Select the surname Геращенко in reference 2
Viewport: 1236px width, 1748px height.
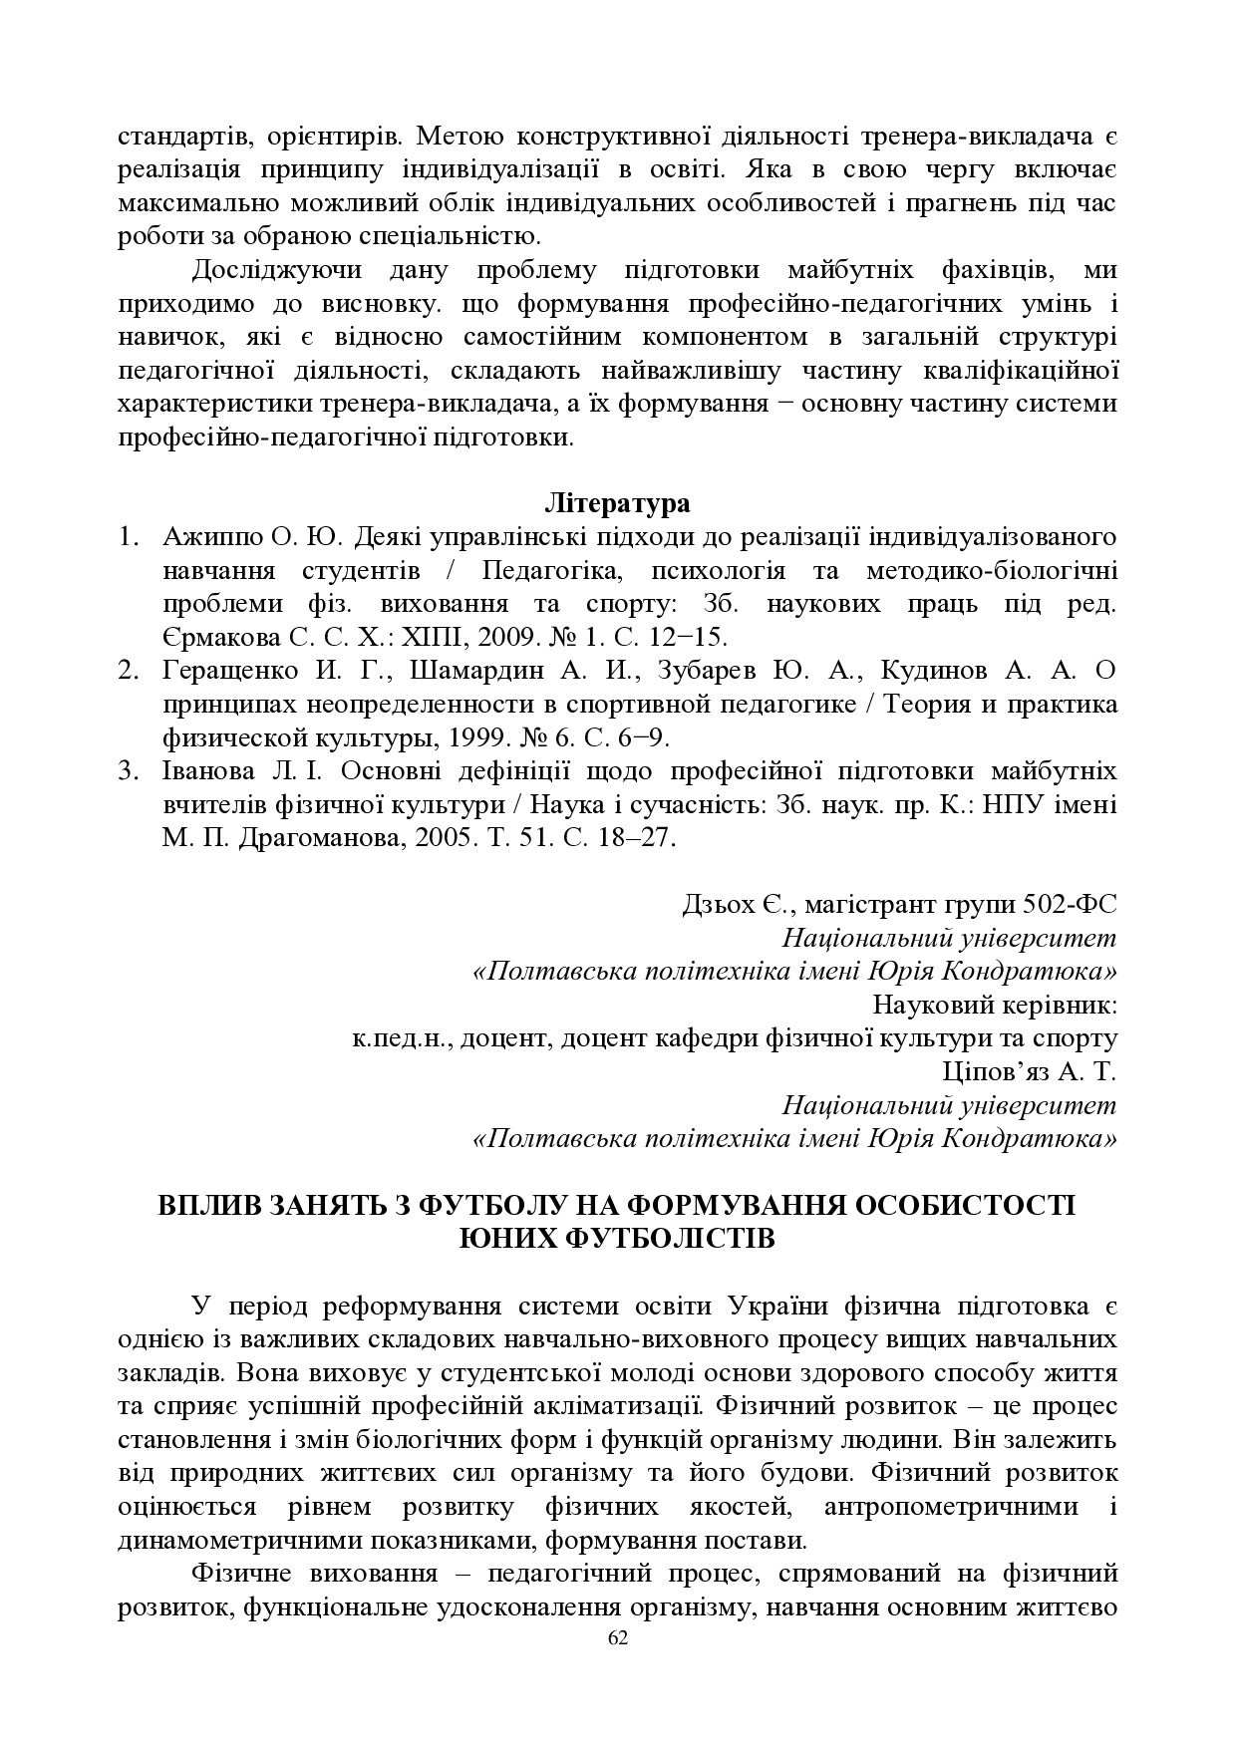(225, 671)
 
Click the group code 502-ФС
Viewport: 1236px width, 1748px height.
(1069, 905)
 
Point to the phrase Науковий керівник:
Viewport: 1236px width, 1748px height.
(994, 1005)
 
